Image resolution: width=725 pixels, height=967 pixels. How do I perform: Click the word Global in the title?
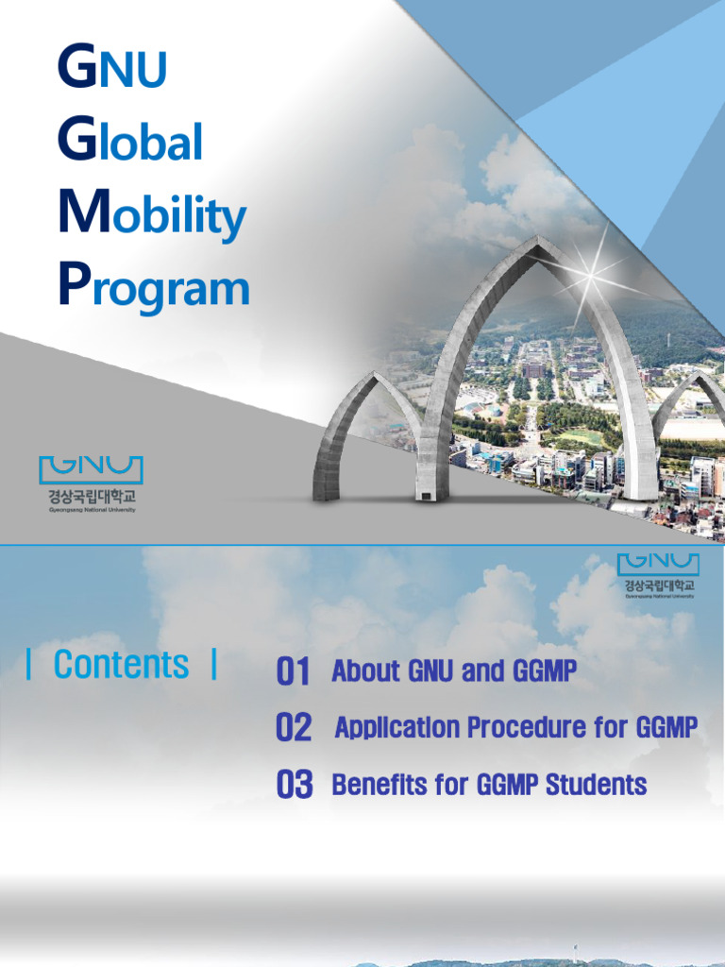[x=130, y=141]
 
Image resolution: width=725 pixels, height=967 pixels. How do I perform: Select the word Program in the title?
[x=154, y=287]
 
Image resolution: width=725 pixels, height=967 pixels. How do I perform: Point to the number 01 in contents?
[x=294, y=672]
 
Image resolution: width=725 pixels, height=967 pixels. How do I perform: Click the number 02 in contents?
[x=294, y=728]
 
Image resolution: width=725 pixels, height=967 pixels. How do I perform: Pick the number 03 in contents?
[x=295, y=785]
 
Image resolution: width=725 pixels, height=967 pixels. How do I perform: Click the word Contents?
[x=121, y=664]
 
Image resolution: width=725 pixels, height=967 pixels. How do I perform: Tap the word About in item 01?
[x=366, y=671]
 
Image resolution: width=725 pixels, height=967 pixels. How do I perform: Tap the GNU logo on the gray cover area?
[x=91, y=469]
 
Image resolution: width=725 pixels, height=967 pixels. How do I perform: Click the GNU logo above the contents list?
[x=658, y=565]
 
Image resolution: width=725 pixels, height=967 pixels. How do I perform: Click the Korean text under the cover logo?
[x=92, y=495]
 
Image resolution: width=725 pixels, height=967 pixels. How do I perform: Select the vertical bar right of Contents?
[x=215, y=665]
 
